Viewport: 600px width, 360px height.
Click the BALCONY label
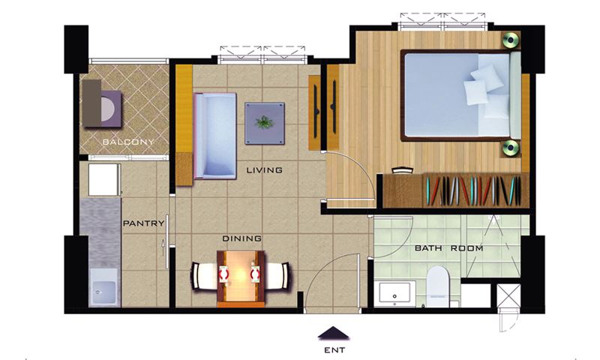pyautogui.click(x=128, y=142)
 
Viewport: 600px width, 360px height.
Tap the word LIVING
pyautogui.click(x=265, y=169)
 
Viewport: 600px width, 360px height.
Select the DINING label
pyautogui.click(x=242, y=238)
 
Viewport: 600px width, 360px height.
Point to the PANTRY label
pyautogui.click(x=143, y=223)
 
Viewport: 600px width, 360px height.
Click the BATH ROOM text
pyautogui.click(x=448, y=248)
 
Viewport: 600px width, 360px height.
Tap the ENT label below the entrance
pyautogui.click(x=334, y=349)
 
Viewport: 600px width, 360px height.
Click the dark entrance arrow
pyautogui.click(x=334, y=333)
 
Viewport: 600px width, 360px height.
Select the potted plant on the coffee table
pyautogui.click(x=265, y=123)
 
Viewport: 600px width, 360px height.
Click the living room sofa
pyautogui.click(x=214, y=136)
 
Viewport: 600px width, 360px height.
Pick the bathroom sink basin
pyautogui.click(x=395, y=294)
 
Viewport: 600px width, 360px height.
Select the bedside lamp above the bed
pyautogui.click(x=511, y=40)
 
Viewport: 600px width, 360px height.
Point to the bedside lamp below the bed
pyautogui.click(x=511, y=148)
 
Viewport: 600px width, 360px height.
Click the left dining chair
pyautogui.click(x=204, y=276)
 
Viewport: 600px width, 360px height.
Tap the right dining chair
pyautogui.click(x=278, y=276)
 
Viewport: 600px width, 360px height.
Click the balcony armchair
pyautogui.click(x=102, y=109)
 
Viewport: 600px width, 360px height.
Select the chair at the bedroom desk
pyautogui.click(x=403, y=170)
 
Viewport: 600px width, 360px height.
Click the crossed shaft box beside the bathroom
pyautogui.click(x=509, y=295)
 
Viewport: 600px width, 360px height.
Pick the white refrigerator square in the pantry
pyautogui.click(x=103, y=180)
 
